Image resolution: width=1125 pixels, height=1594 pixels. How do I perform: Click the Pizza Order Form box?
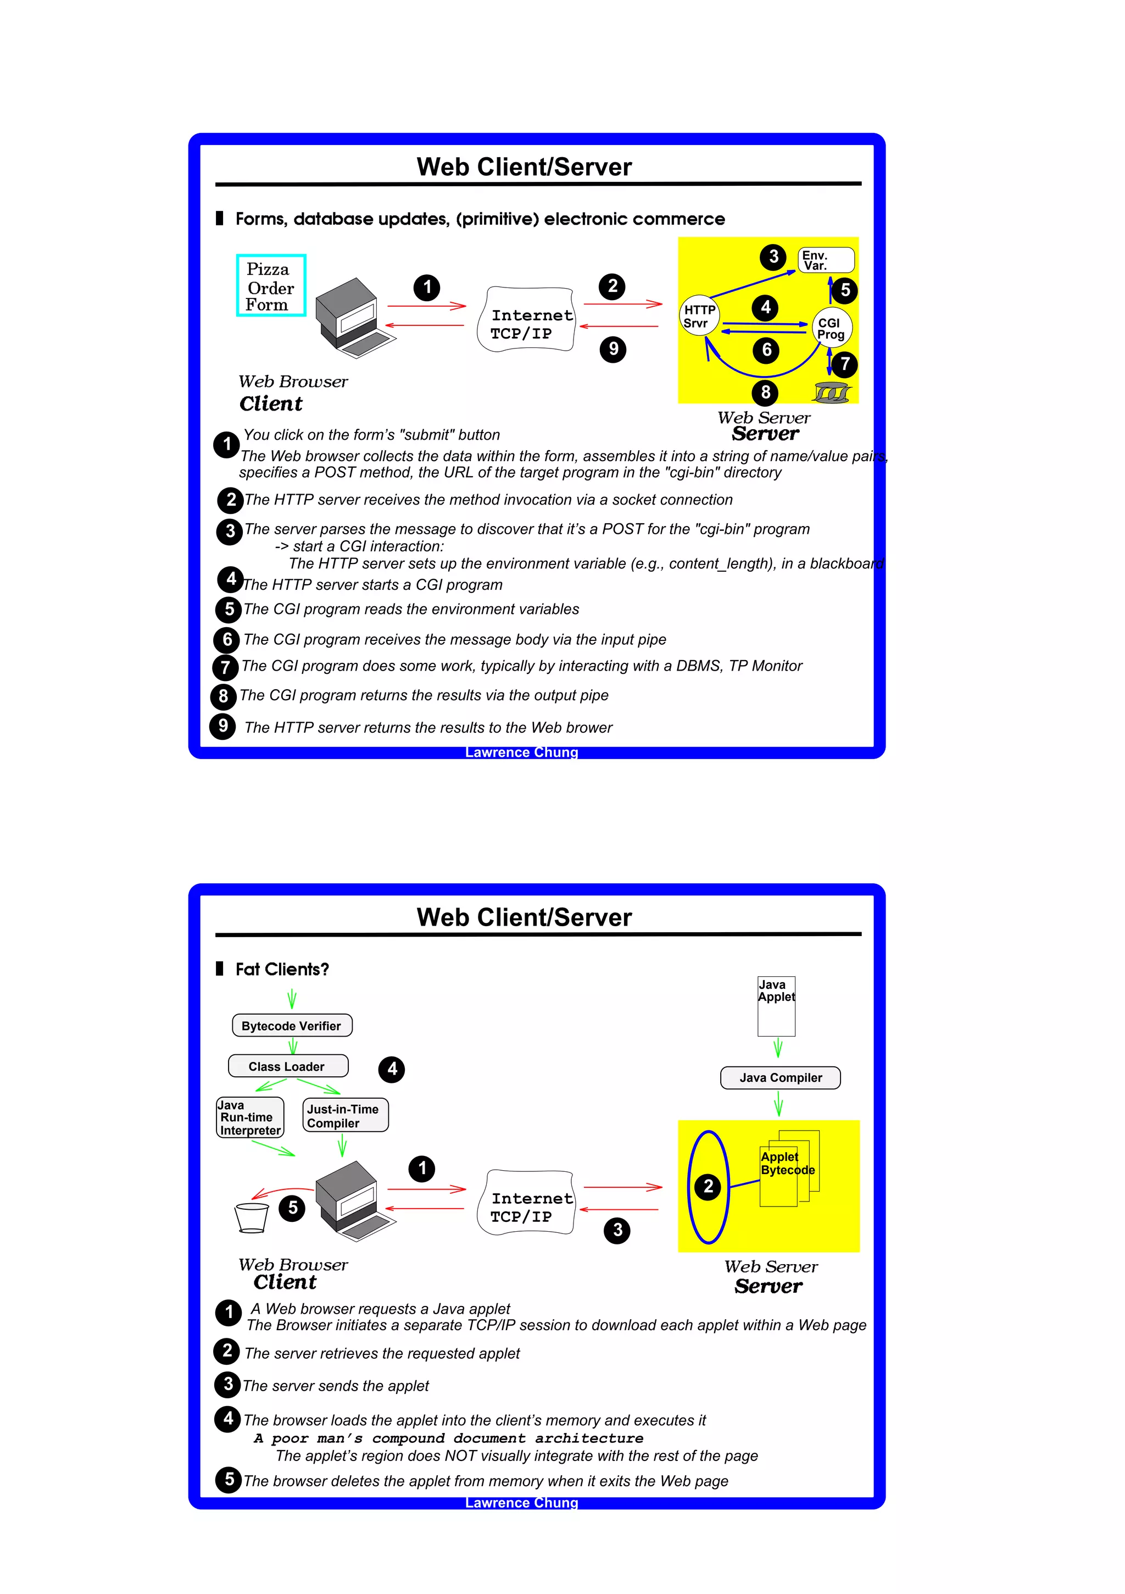tap(271, 285)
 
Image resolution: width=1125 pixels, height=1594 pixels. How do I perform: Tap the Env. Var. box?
tap(825, 261)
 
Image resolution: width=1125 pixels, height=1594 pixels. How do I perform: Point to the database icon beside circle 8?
tap(832, 393)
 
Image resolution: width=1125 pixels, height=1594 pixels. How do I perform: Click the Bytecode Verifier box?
tap(292, 1026)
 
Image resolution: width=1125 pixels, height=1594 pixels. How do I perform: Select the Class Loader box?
tap(287, 1066)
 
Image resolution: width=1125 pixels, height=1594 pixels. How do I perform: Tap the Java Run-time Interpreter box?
tap(250, 1117)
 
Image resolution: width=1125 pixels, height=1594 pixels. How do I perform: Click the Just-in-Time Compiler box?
tap(345, 1115)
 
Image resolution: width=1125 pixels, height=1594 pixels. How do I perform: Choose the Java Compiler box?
tap(780, 1077)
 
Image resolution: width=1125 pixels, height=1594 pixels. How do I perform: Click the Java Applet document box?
tap(776, 1006)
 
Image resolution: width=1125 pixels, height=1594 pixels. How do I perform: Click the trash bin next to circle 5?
tap(250, 1217)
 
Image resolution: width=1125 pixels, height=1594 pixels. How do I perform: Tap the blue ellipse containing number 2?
tap(708, 1187)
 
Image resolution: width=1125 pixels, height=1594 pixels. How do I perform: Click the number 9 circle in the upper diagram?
tap(613, 348)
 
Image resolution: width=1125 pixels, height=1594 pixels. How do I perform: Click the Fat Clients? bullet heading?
tap(282, 969)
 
